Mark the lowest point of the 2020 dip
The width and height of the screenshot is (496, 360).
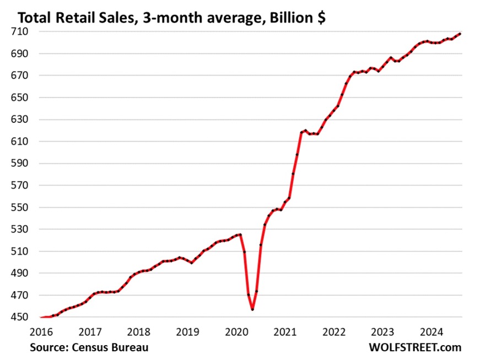[252, 309]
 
